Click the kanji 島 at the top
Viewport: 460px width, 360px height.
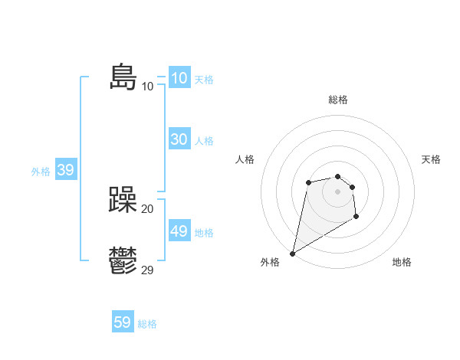(123, 77)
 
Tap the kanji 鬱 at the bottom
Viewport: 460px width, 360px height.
(123, 260)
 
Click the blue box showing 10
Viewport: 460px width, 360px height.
(179, 78)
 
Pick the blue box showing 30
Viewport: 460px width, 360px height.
(179, 139)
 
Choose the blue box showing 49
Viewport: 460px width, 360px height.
(179, 231)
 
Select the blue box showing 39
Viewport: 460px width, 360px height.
(65, 170)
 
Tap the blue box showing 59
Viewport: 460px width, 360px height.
(123, 322)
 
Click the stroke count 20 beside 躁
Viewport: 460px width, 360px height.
(147, 208)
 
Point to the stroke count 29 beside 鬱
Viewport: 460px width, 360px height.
(147, 270)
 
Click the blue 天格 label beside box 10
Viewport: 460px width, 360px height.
(204, 80)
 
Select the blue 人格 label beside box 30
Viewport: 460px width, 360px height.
(204, 141)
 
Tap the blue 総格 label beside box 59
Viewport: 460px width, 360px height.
(147, 324)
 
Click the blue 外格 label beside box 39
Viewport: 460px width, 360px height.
(41, 172)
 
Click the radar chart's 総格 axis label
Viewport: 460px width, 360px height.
(337, 100)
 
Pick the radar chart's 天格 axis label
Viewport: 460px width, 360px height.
(432, 159)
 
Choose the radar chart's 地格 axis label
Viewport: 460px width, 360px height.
(402, 262)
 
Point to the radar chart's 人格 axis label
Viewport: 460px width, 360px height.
(245, 159)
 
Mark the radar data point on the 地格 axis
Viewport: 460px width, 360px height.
(356, 218)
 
